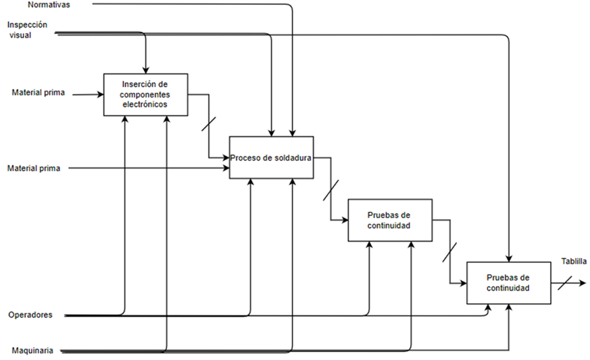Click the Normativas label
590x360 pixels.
tap(49, 5)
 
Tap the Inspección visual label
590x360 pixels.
tap(28, 30)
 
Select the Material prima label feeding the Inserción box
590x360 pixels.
tap(38, 93)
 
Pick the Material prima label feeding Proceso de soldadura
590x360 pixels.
tap(34, 168)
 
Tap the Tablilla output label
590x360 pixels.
tap(574, 261)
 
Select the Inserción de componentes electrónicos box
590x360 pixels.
tap(145, 94)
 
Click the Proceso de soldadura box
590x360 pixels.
tap(270, 157)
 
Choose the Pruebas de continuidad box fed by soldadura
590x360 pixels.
tap(389, 220)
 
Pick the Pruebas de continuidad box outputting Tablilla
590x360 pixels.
tap(508, 283)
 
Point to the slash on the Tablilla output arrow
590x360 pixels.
tap(565, 283)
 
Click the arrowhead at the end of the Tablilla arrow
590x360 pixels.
tap(582, 283)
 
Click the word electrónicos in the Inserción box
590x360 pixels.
tap(145, 105)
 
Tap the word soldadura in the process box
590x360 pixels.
tap(291, 158)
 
